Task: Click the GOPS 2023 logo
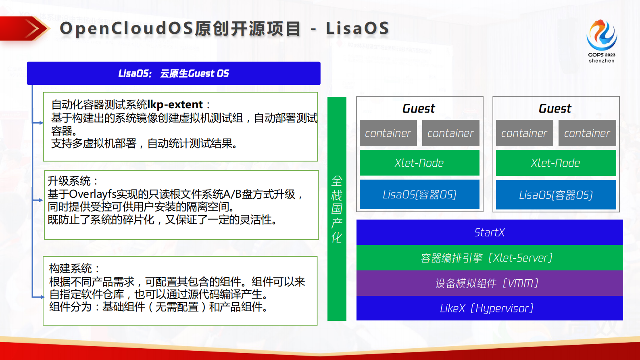(601, 40)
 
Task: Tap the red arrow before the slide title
(25, 29)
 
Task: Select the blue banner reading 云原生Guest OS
(173, 73)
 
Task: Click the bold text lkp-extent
(175, 105)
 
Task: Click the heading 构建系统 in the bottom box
(71, 268)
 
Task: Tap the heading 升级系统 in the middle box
(69, 181)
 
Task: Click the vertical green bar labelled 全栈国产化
(337, 209)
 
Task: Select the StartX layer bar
(489, 232)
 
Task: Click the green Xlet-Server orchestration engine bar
(489, 258)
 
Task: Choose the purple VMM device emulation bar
(489, 283)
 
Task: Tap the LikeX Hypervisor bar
(489, 308)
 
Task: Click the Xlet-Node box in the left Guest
(419, 163)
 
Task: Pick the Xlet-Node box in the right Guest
(555, 163)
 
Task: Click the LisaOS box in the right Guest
(555, 195)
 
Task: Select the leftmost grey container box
(388, 133)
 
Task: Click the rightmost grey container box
(587, 133)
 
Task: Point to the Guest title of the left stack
(419, 109)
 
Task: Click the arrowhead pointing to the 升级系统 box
(41, 200)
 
